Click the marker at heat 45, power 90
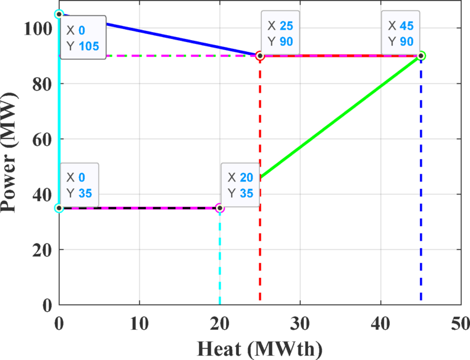click(x=421, y=56)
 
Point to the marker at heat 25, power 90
click(x=260, y=56)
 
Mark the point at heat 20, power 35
click(x=220, y=208)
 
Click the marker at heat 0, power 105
click(x=59, y=14)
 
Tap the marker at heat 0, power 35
click(x=59, y=208)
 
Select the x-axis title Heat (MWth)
click(x=259, y=349)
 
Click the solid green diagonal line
click(x=340, y=117)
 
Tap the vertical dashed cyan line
click(x=220, y=259)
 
